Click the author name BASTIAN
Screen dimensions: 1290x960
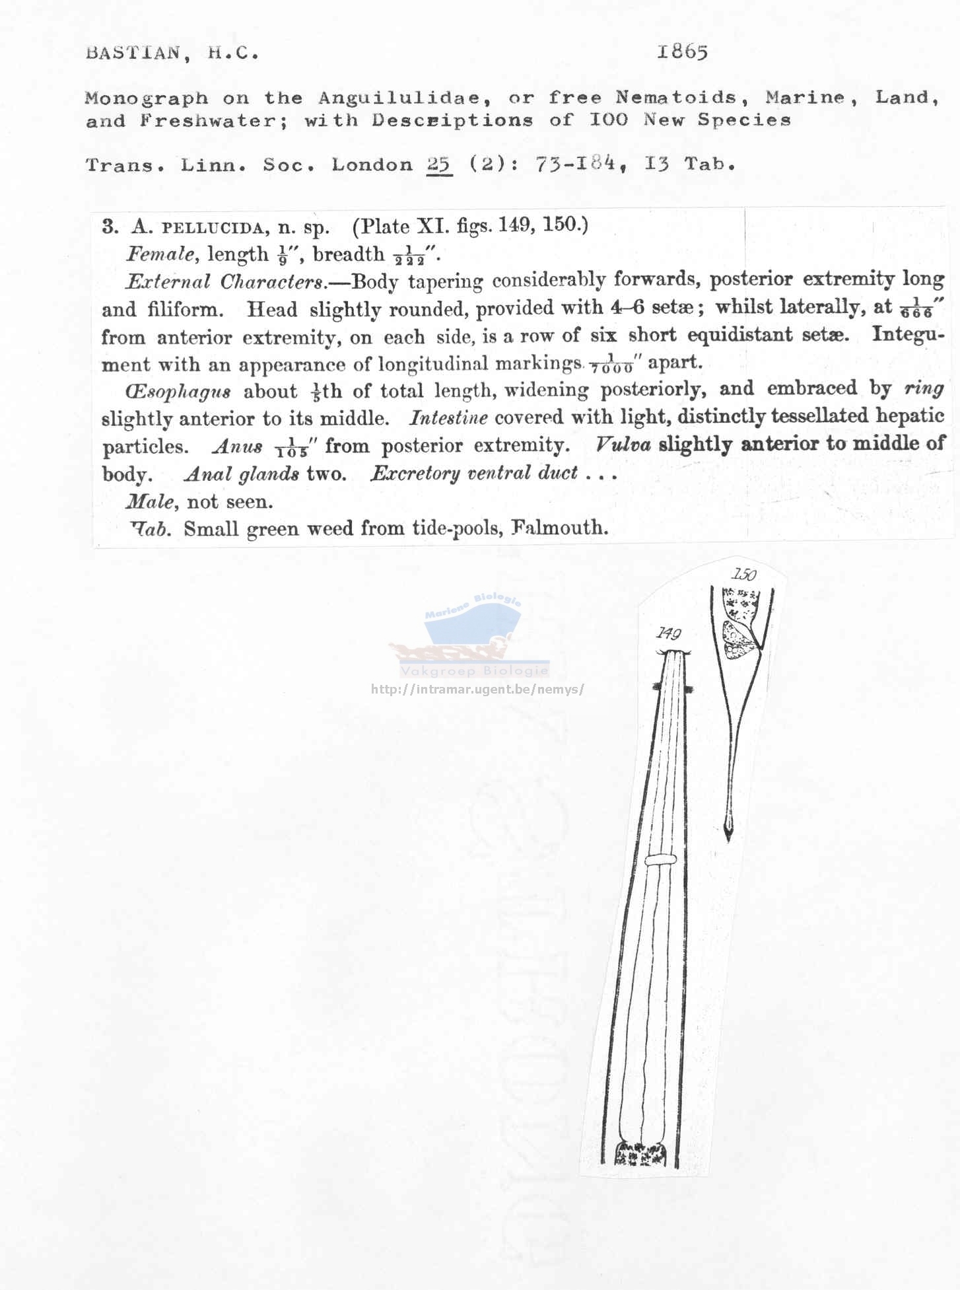[x=132, y=53]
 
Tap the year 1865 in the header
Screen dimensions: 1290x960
[x=682, y=52]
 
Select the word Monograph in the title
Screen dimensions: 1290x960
[x=146, y=98]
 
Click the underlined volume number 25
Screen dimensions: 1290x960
[x=439, y=164]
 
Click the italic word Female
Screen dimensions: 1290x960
[x=160, y=254]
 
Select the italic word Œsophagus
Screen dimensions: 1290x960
[x=178, y=392]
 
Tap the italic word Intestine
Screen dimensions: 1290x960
[x=448, y=418]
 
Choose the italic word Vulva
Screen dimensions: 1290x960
[x=622, y=445]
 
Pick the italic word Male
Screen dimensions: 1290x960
[x=151, y=502]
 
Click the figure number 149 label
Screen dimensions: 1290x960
[x=668, y=634]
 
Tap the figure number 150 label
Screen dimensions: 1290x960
[x=743, y=574]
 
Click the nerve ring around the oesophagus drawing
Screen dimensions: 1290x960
[x=661, y=860]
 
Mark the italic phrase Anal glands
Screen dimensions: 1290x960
[x=242, y=474]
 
